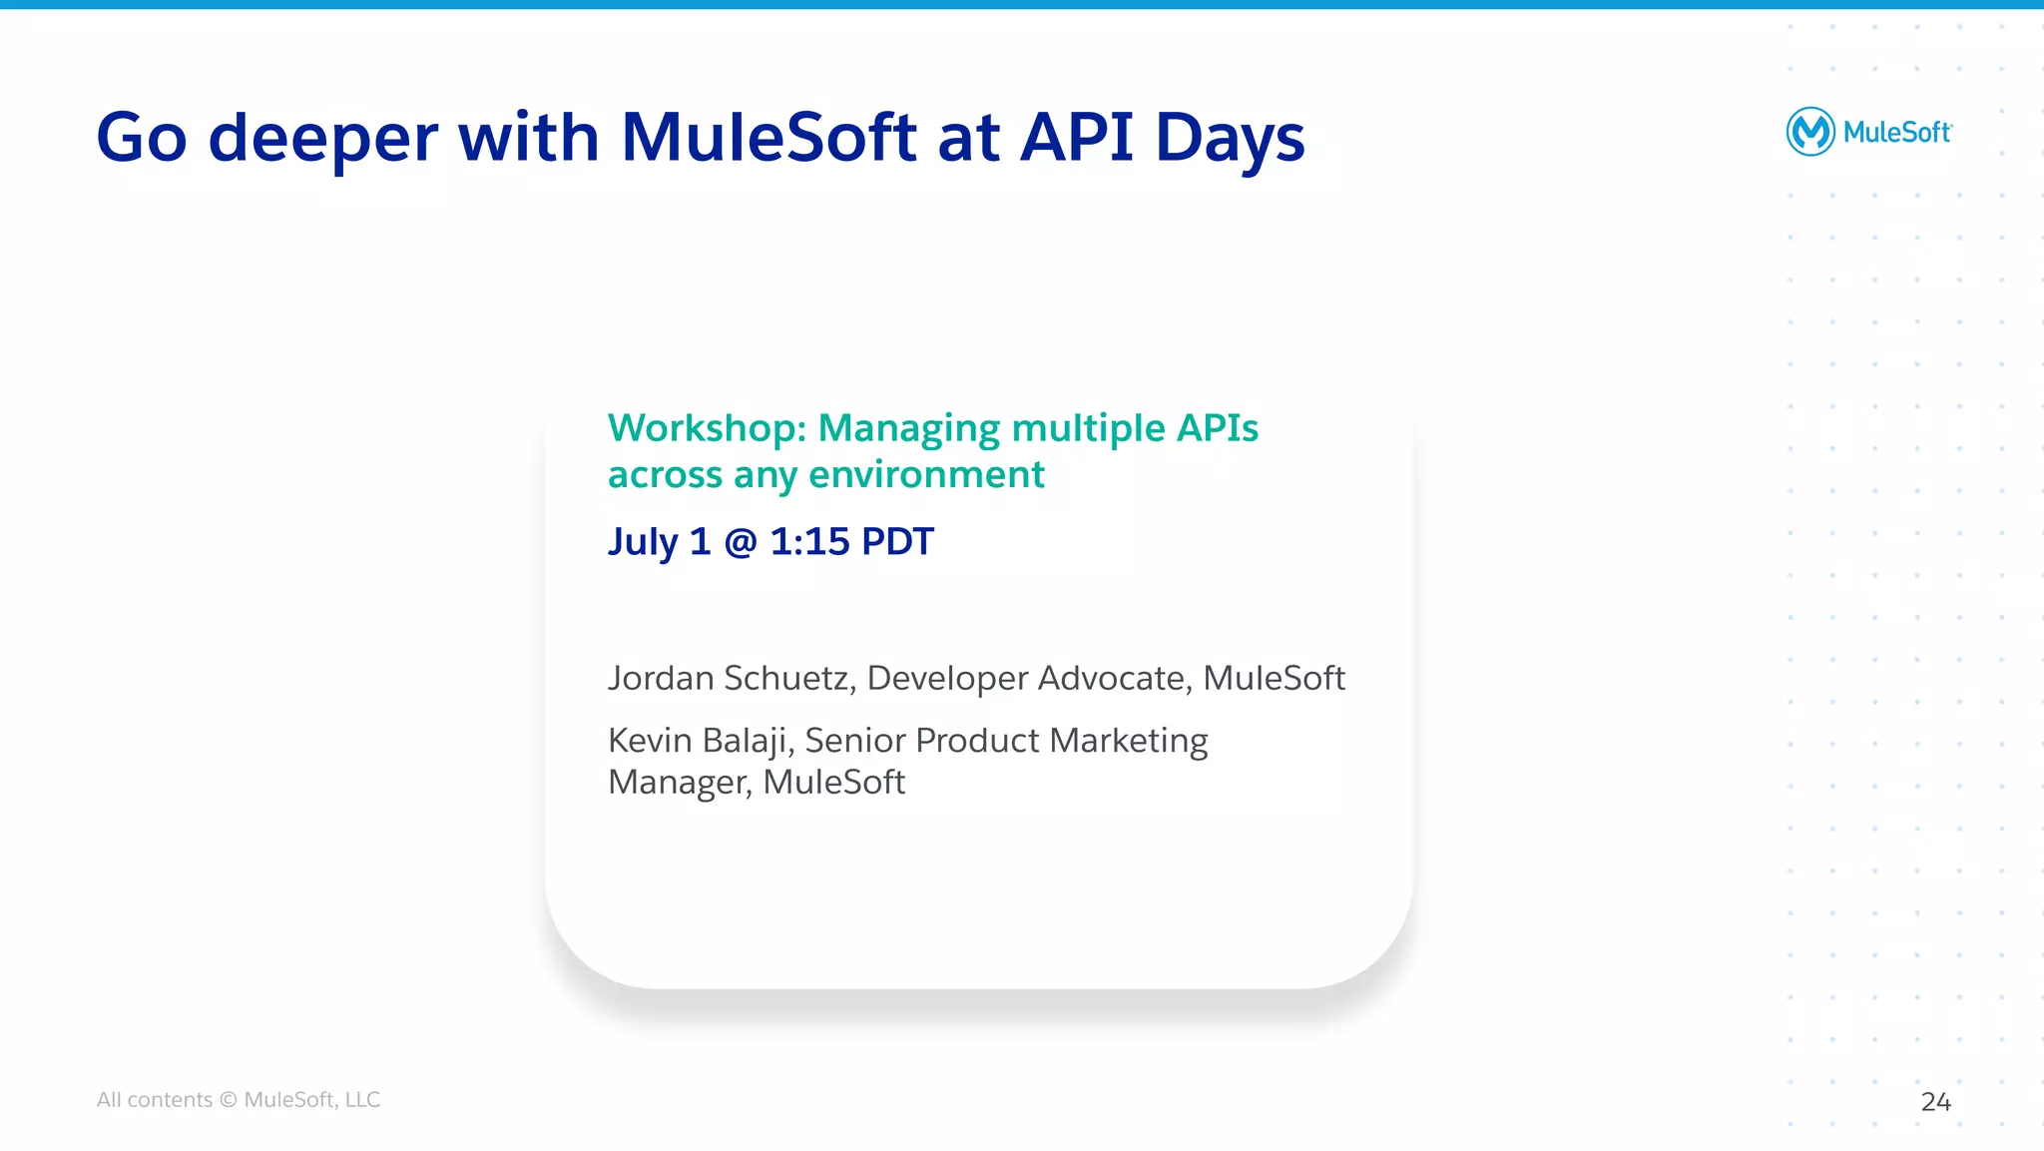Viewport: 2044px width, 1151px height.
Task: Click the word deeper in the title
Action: pyautogui.click(x=322, y=138)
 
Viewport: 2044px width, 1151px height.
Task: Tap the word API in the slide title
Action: pyautogui.click(x=1077, y=137)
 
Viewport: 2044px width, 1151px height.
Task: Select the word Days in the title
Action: pyautogui.click(x=1230, y=138)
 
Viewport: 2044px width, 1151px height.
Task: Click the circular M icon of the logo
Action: pyautogui.click(x=1809, y=132)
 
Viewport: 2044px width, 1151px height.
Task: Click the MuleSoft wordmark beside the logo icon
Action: pyautogui.click(x=1896, y=133)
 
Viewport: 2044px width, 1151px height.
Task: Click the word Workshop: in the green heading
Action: pyautogui.click(x=707, y=428)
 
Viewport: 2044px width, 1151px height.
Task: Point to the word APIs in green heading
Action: pyautogui.click(x=1217, y=428)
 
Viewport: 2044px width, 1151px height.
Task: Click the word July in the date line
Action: pyautogui.click(x=643, y=542)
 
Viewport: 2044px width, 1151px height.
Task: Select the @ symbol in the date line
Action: pyautogui.click(x=741, y=542)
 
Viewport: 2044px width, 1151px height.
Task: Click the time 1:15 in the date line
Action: pyautogui.click(x=809, y=542)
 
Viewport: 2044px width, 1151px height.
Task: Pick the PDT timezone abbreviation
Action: pyautogui.click(x=897, y=542)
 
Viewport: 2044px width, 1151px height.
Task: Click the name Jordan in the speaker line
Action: pyautogui.click(x=661, y=679)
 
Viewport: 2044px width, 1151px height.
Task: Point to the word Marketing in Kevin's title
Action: pyautogui.click(x=1129, y=741)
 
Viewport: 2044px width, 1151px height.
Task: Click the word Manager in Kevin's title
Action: pyautogui.click(x=679, y=783)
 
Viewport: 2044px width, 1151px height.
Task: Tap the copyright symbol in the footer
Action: pyautogui.click(x=229, y=1100)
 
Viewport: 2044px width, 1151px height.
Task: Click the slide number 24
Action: pyautogui.click(x=1935, y=1102)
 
